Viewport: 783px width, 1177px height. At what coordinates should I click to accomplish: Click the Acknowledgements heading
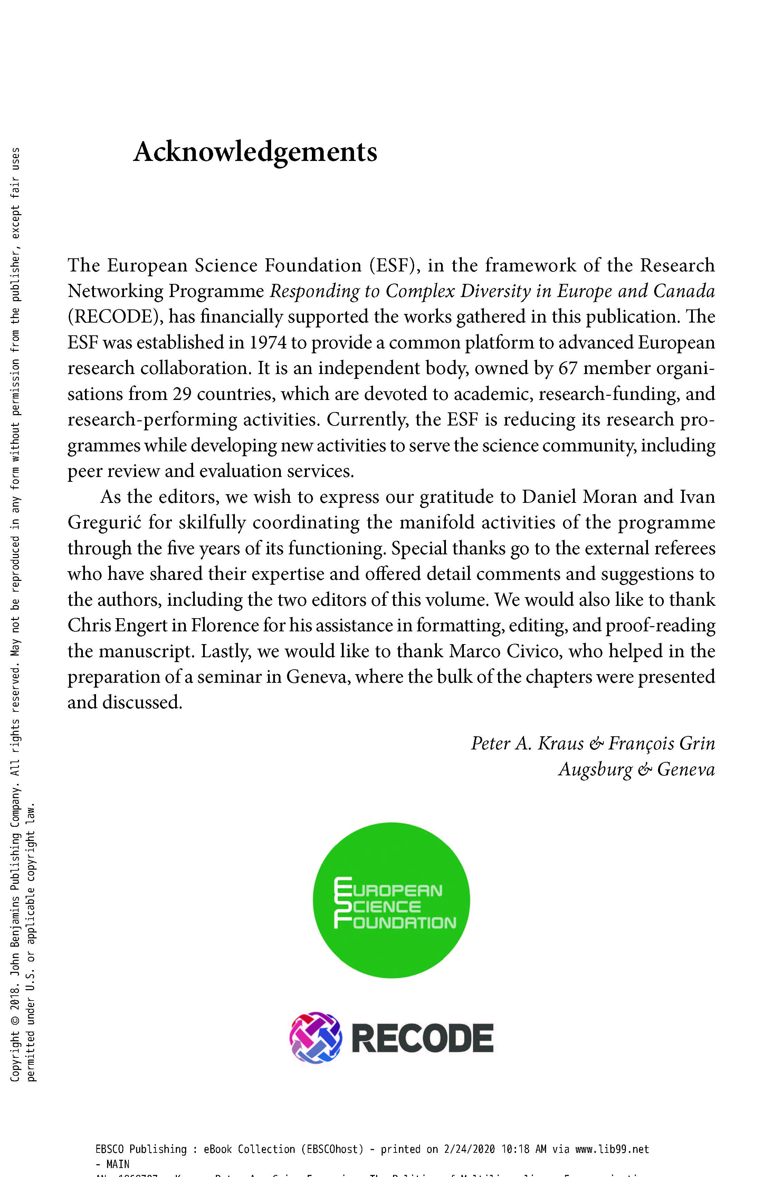tap(255, 152)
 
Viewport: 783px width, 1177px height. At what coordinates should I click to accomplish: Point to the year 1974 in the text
tap(268, 343)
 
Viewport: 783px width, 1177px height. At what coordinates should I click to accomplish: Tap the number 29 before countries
tap(182, 394)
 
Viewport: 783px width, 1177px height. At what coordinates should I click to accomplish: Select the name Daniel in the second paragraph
tap(549, 497)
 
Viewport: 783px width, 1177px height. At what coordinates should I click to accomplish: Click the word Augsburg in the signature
tap(595, 769)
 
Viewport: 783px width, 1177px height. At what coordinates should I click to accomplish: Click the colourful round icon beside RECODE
tap(316, 1038)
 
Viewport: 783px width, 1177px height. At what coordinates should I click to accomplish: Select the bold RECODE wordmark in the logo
tap(422, 1039)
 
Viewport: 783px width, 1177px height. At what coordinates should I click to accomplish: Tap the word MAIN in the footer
tap(118, 1164)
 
